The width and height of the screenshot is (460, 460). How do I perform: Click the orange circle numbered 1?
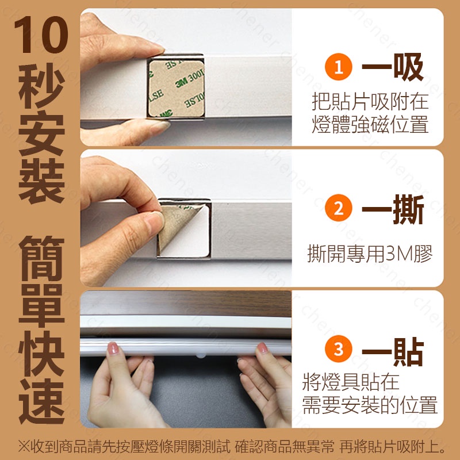click(x=338, y=67)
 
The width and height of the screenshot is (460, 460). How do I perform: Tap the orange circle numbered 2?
click(x=338, y=208)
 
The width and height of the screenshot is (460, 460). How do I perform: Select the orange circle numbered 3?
click(x=338, y=349)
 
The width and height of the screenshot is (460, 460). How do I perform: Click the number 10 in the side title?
click(x=41, y=34)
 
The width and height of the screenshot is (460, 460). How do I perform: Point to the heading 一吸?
click(x=393, y=67)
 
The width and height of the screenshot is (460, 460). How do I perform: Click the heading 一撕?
click(x=393, y=209)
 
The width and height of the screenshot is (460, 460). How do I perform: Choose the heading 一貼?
click(x=393, y=351)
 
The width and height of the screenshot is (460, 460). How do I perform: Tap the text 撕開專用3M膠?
click(x=370, y=254)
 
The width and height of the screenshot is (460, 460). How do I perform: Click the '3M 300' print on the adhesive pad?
click(x=190, y=79)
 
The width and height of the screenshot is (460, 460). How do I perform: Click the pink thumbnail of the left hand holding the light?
click(x=113, y=348)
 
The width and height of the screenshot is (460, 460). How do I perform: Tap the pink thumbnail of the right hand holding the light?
click(x=262, y=348)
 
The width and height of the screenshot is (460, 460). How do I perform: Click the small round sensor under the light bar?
click(x=201, y=355)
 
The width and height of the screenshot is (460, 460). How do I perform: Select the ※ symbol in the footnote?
click(x=24, y=447)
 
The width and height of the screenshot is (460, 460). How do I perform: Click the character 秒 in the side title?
click(x=41, y=85)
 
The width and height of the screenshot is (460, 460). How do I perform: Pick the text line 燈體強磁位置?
click(x=370, y=125)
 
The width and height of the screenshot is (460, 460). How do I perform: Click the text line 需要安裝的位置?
click(x=370, y=405)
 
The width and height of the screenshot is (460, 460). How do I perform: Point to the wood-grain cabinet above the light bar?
click(x=186, y=304)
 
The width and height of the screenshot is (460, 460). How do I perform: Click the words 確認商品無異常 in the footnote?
click(x=284, y=447)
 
